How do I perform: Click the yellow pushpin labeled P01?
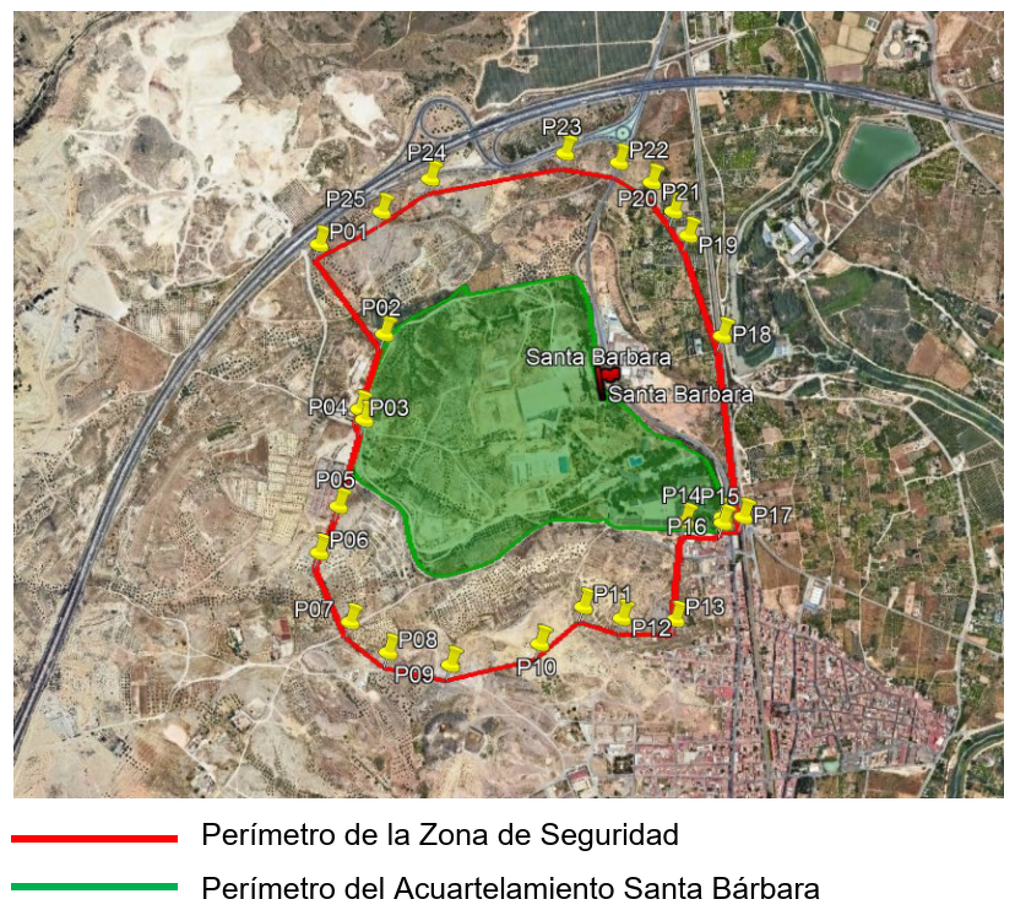tap(320, 238)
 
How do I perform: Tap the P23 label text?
tap(561, 128)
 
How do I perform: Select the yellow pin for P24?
tap(433, 174)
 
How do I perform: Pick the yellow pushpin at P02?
tap(386, 329)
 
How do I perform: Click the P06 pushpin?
tap(321, 546)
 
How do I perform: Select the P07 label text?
tap(313, 609)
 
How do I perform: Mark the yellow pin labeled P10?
tap(541, 638)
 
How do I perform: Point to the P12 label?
tap(651, 627)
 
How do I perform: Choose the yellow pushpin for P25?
tap(384, 206)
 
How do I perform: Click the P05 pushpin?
tap(340, 500)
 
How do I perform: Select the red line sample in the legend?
tap(94, 838)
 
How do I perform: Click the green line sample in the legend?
tap(94, 887)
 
